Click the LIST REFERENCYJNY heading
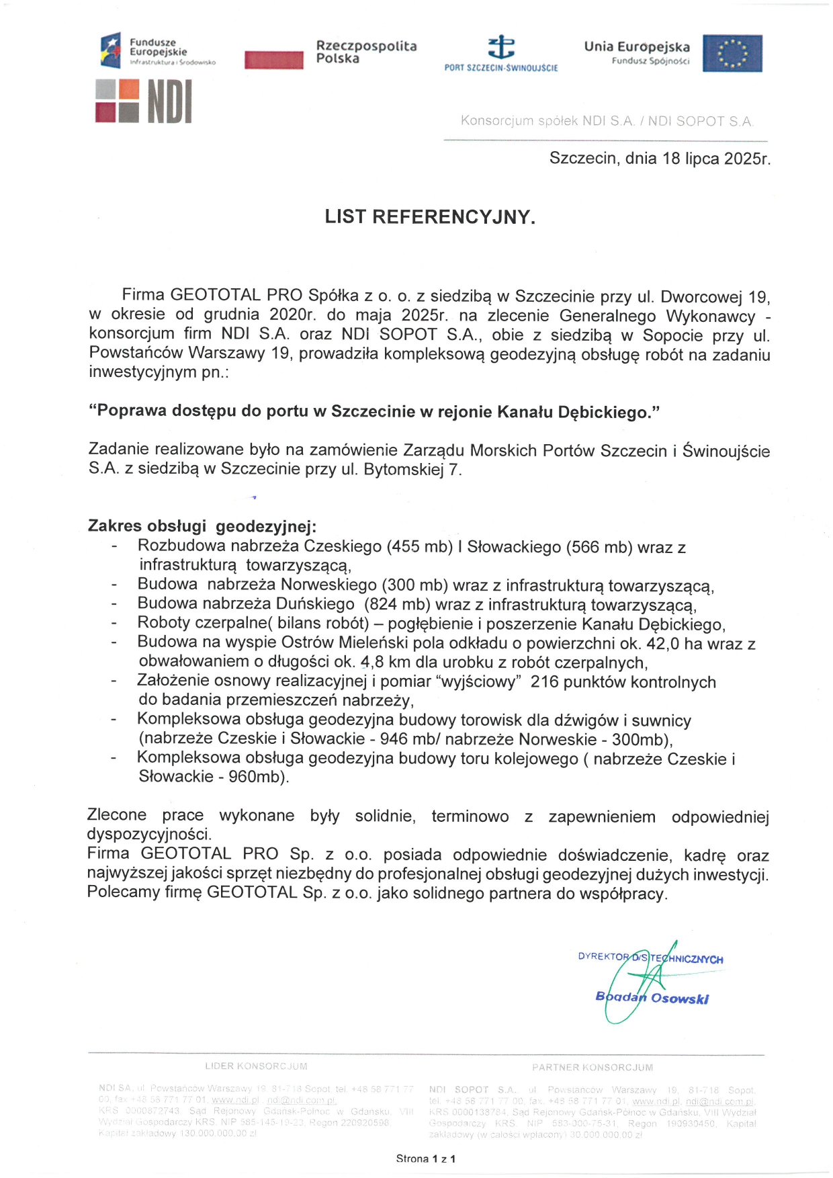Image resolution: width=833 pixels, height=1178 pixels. (430, 217)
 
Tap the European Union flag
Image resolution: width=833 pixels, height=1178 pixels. (732, 53)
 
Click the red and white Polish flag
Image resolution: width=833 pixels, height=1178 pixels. (274, 60)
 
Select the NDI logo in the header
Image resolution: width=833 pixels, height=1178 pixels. (144, 101)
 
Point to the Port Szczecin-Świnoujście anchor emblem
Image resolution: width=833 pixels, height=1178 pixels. (501, 47)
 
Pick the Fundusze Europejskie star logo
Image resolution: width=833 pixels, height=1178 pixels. (110, 50)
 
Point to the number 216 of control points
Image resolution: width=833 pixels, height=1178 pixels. (545, 682)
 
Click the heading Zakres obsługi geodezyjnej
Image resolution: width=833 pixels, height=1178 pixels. (202, 526)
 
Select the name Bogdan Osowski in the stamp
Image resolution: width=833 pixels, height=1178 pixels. (652, 998)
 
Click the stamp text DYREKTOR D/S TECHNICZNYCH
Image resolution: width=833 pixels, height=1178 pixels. (650, 958)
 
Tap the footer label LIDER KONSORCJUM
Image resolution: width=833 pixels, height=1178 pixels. (256, 1066)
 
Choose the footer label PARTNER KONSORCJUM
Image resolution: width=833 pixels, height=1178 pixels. (593, 1068)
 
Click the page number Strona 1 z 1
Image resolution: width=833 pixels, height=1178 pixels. (426, 1159)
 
